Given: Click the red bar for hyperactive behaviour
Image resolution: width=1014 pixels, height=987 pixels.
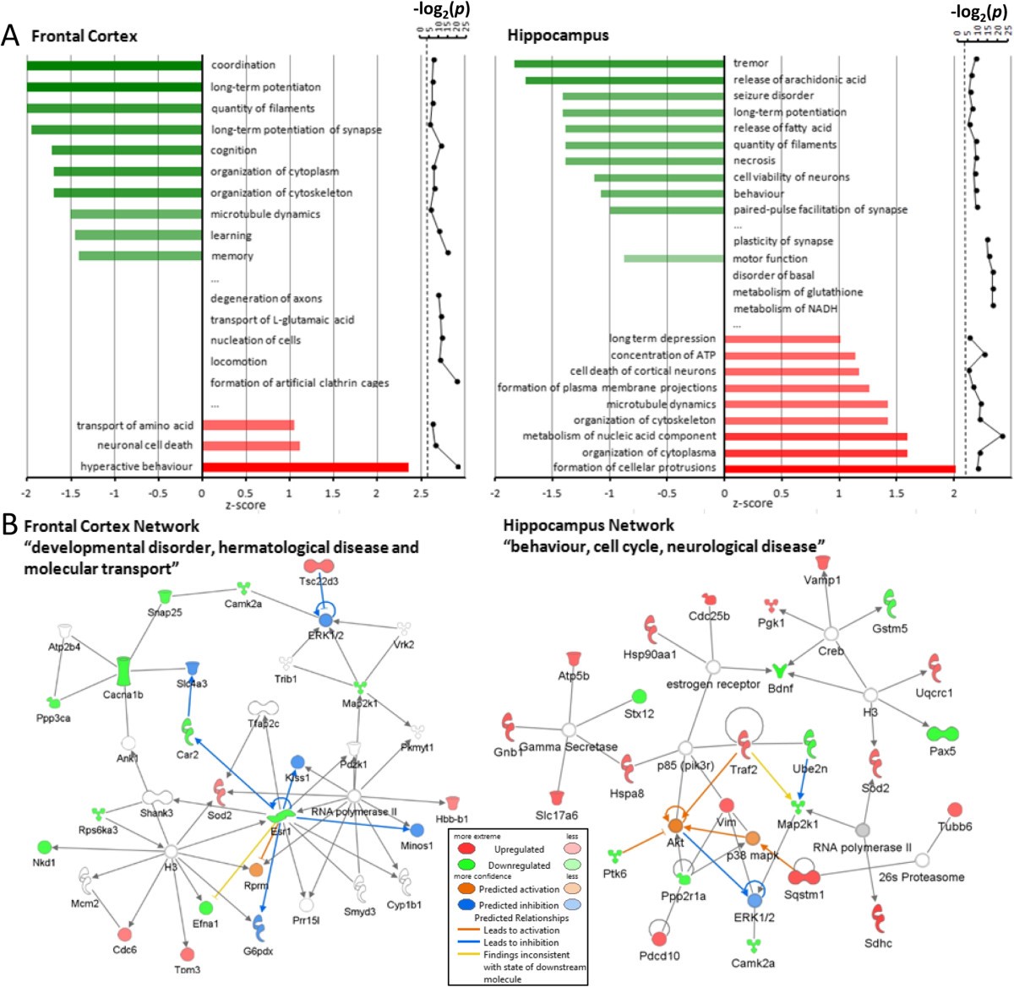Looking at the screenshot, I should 305,467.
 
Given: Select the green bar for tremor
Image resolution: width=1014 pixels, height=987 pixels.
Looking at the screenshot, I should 619,63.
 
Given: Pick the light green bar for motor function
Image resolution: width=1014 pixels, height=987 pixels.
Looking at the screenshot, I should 674,258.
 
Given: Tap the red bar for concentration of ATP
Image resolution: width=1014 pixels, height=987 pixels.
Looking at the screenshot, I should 790,355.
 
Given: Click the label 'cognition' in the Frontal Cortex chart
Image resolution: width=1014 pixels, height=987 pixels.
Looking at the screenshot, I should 234,150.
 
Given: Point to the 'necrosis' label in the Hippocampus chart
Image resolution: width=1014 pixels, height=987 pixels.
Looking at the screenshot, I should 754,160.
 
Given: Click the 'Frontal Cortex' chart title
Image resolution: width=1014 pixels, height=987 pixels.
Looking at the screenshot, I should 84,35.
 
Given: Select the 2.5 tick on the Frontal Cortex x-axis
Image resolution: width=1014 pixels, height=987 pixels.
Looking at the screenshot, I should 421,492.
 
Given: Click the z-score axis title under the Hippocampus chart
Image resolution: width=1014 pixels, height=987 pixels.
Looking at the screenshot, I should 752,503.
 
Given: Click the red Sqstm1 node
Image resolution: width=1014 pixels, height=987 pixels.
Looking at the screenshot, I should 804,878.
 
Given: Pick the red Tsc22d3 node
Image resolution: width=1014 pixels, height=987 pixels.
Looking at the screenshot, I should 319,565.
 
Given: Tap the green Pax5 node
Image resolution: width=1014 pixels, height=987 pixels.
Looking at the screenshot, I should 940,733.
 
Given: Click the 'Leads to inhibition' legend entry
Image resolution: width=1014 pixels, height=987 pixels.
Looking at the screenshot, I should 521,942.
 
